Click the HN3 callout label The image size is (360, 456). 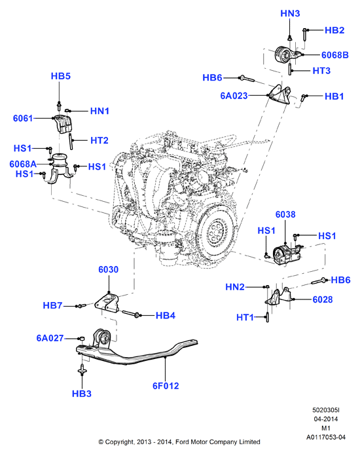pyautogui.click(x=290, y=13)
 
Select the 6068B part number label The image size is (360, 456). pyautogui.click(x=334, y=55)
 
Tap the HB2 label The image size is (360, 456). pyautogui.click(x=334, y=30)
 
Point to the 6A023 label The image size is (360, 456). pyautogui.click(x=234, y=96)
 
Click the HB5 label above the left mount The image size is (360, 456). pyautogui.click(x=61, y=76)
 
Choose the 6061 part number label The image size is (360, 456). pyautogui.click(x=23, y=119)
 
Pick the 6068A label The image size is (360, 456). pyautogui.click(x=23, y=164)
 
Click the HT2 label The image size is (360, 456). pyautogui.click(x=99, y=140)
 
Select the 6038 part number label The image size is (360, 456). pyautogui.click(x=285, y=215)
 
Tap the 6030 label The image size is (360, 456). pyautogui.click(x=109, y=269)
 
